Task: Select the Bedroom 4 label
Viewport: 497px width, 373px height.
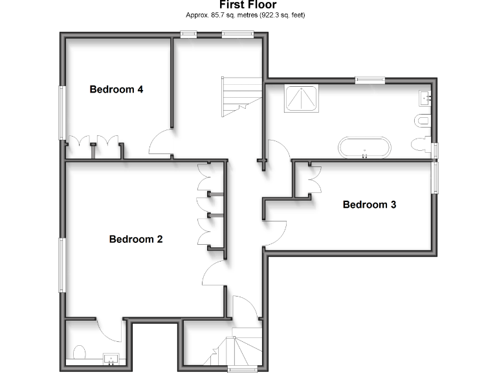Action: [116, 89]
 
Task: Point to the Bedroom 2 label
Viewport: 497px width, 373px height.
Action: [136, 239]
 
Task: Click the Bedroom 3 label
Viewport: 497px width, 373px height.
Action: [370, 205]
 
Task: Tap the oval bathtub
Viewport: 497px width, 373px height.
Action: [365, 147]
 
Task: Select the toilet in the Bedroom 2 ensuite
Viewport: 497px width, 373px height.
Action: [80, 353]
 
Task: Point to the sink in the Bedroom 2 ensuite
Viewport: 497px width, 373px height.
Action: [110, 357]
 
